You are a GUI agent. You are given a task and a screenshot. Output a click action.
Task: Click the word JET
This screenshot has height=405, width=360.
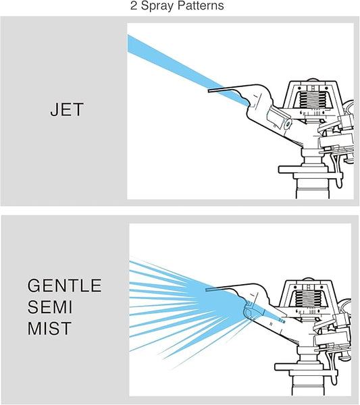(67, 109)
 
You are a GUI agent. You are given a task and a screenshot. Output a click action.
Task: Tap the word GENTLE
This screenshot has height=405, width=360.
(65, 285)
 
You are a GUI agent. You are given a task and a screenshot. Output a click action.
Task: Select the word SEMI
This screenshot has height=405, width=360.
(50, 307)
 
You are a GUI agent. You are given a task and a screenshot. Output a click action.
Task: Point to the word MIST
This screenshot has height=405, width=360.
(49, 328)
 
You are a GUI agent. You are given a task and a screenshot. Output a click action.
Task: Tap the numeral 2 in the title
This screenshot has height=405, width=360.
(134, 5)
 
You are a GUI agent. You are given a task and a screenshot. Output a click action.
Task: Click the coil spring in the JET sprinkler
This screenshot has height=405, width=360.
(312, 100)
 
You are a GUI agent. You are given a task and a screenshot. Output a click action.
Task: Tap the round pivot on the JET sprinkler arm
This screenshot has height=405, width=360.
(288, 124)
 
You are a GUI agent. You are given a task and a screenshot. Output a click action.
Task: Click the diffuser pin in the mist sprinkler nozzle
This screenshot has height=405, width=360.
(274, 317)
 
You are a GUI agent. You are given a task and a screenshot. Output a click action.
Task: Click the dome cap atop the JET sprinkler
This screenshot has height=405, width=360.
(313, 80)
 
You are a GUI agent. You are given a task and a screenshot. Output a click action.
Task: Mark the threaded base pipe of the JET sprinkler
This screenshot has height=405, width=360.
(313, 189)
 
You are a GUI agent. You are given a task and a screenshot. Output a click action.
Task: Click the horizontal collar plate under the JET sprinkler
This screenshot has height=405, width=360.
(310, 169)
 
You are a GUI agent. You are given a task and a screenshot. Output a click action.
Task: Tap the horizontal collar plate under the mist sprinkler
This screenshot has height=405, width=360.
(306, 367)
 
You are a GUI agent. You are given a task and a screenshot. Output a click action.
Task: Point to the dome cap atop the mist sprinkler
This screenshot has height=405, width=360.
(309, 279)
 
